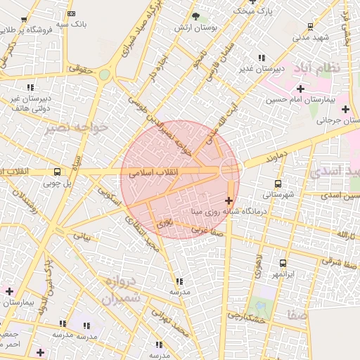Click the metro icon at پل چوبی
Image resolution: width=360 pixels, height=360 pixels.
57,172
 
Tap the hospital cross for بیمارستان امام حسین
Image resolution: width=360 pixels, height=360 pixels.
301,89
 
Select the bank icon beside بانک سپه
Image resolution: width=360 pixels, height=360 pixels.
71,13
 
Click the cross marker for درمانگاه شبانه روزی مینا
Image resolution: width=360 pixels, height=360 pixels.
229,200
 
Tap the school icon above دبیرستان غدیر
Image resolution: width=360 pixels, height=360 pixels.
262,58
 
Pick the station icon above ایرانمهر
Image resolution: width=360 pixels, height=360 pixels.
283,263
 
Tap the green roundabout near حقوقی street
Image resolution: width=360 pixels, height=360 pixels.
104,75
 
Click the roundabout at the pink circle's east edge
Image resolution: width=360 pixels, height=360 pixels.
230,167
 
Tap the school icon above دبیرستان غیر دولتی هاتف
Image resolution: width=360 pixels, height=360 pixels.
30,87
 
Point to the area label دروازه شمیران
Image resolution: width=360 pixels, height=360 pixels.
124,290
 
